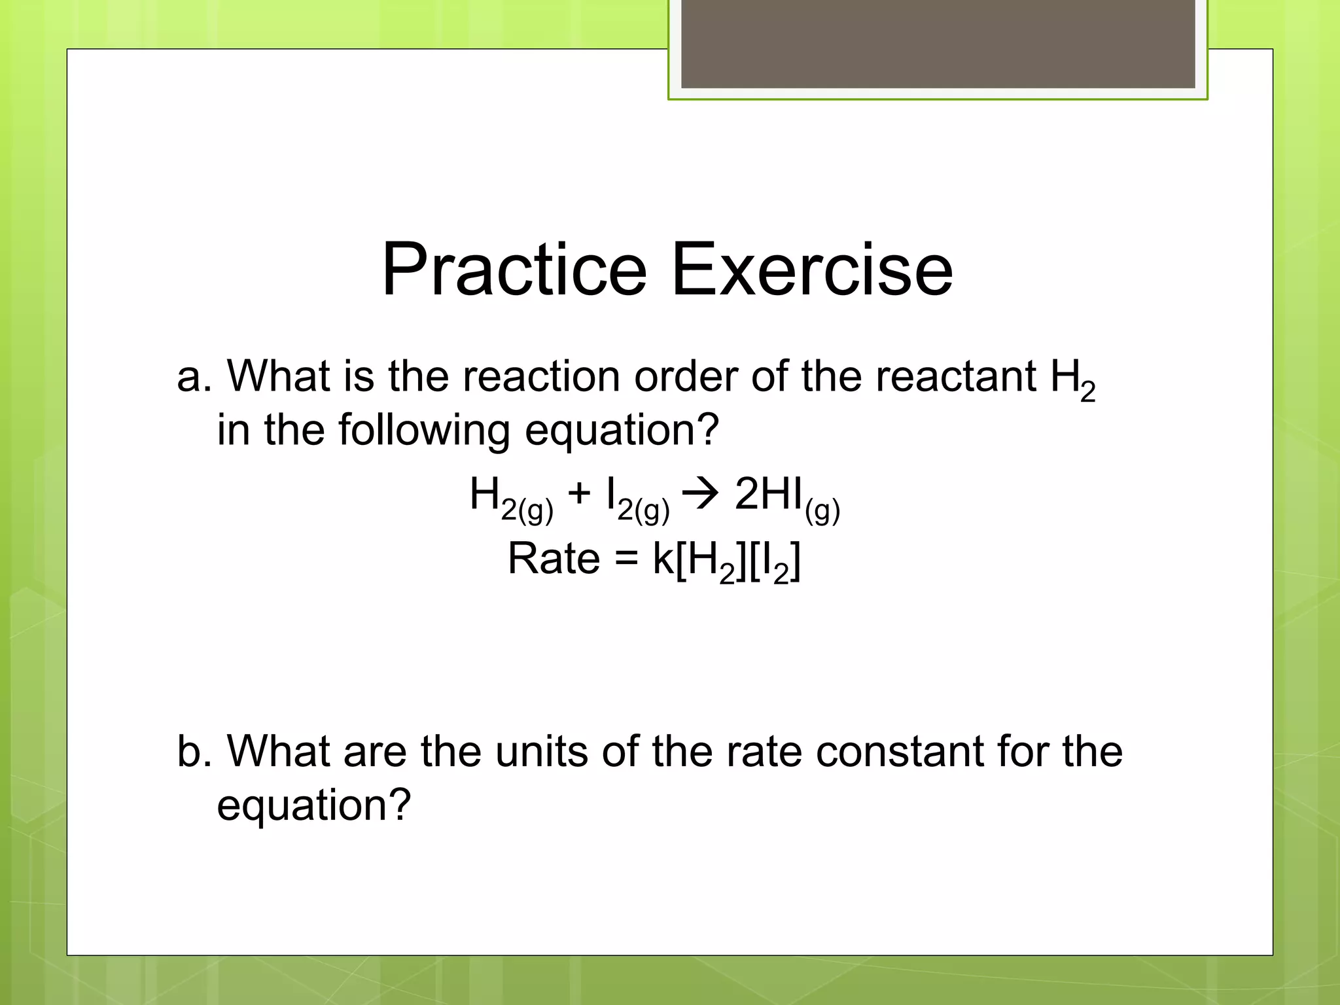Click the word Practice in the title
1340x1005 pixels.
(514, 270)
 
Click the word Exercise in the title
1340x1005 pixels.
(812, 270)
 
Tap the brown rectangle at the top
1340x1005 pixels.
(938, 44)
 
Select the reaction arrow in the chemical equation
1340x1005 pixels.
(701, 495)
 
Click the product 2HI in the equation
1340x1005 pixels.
(769, 495)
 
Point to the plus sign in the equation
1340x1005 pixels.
(580, 495)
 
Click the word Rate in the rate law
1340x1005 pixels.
(554, 559)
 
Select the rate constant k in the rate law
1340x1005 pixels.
(663, 559)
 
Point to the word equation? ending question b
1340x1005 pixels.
(314, 806)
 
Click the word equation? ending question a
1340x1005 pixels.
(622, 431)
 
